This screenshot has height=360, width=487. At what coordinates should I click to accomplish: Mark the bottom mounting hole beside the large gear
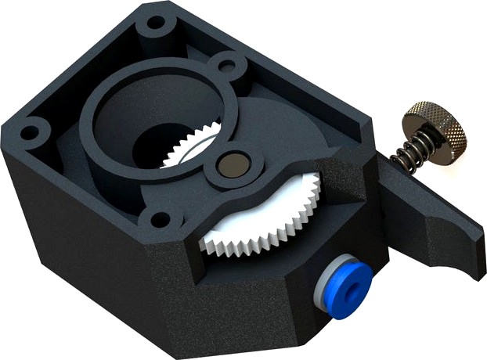point(160,220)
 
